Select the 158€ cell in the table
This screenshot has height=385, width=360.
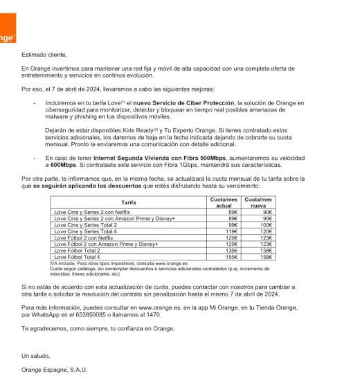coord(266,257)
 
